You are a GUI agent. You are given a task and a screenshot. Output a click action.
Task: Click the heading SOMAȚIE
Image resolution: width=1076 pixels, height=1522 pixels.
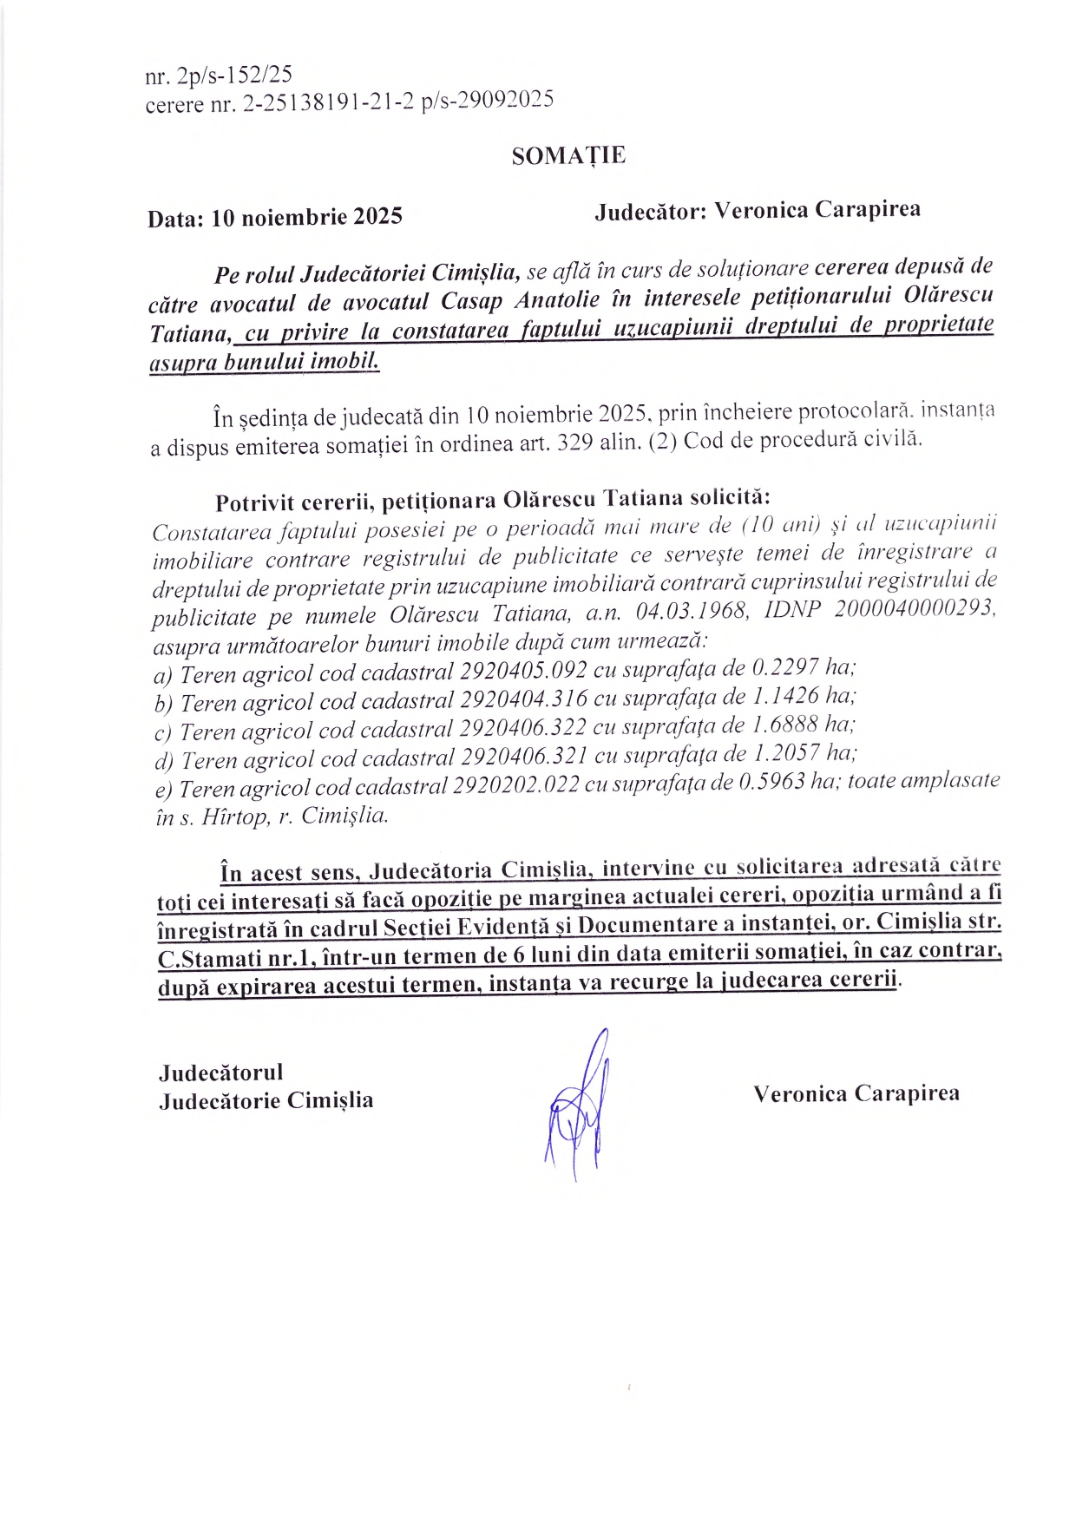[x=568, y=155]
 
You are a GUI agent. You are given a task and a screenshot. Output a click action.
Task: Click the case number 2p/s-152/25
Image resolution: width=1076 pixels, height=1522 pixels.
[x=234, y=75]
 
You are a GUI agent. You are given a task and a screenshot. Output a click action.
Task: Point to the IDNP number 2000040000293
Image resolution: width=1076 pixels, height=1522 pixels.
[x=915, y=608]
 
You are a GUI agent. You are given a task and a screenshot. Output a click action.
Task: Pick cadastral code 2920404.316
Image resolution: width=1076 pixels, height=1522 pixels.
[x=523, y=699]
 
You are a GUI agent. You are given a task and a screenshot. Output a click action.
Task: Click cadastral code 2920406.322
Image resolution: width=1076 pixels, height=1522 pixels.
[x=522, y=727]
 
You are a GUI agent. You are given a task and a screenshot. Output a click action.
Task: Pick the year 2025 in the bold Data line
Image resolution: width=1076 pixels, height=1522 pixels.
[x=377, y=216]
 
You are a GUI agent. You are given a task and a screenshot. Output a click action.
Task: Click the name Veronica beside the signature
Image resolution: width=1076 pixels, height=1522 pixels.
[x=799, y=1093]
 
